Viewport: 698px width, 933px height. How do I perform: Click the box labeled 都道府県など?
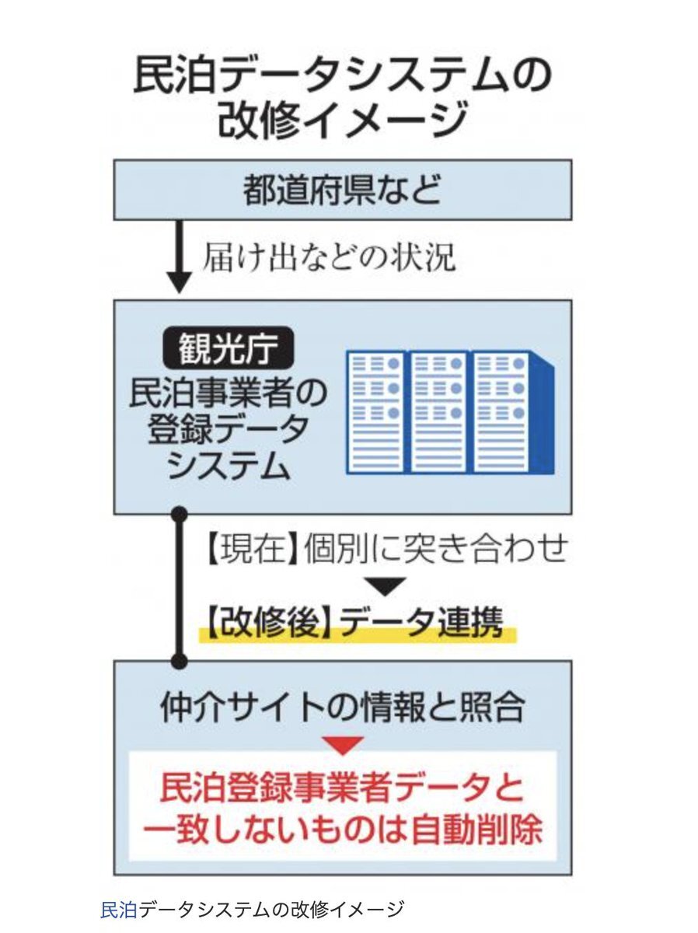click(x=343, y=190)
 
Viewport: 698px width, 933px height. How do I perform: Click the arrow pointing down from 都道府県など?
click(x=180, y=257)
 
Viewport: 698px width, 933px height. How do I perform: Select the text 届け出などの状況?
click(x=329, y=257)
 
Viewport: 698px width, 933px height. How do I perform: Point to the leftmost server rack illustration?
click(x=376, y=411)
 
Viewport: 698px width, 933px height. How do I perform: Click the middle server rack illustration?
click(x=438, y=411)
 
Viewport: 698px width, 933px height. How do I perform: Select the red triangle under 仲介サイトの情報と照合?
click(x=343, y=745)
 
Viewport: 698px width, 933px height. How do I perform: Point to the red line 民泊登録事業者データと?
click(x=343, y=788)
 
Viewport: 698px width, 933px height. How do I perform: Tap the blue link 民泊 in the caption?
click(x=119, y=909)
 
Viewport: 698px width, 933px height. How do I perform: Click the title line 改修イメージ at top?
click(x=343, y=119)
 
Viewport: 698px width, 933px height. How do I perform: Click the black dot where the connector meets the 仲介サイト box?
click(x=180, y=662)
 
